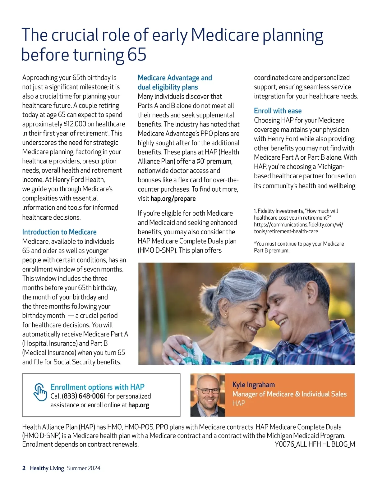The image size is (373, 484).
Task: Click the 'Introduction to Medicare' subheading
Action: tap(59, 232)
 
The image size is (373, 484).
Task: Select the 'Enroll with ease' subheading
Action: tap(278, 111)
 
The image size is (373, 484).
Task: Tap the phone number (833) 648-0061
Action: tap(84, 396)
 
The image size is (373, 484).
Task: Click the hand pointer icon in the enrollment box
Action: tap(40, 392)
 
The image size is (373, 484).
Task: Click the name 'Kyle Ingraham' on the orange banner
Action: tap(253, 385)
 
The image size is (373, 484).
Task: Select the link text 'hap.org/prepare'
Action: tap(173, 199)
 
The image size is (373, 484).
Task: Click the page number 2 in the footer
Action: tap(24, 468)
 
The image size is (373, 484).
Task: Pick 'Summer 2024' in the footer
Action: tap(84, 468)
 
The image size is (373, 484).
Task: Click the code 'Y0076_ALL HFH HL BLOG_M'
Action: tap(315, 444)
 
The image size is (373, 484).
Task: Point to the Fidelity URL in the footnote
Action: tap(298, 228)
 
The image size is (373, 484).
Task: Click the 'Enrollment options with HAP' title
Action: tap(97, 387)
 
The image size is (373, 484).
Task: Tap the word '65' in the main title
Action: tap(137, 55)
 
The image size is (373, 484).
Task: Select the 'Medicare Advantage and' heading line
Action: tap(175, 78)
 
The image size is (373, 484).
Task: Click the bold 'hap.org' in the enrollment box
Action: tap(139, 405)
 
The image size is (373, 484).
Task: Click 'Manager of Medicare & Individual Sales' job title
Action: tap(289, 394)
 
